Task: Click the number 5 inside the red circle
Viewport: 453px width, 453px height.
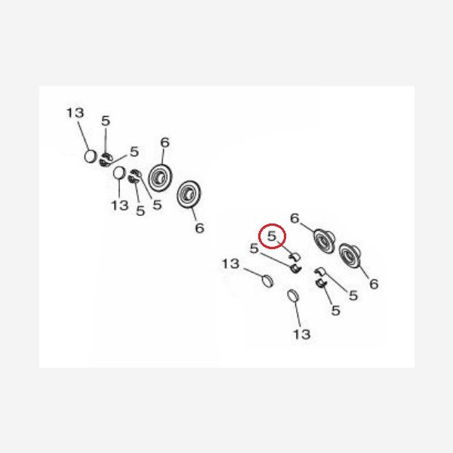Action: (272, 236)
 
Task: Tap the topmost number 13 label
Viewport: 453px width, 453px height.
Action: (75, 113)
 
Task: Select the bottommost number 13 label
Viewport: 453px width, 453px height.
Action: (301, 334)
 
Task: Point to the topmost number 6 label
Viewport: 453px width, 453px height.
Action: (165, 143)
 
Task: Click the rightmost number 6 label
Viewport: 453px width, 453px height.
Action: (374, 284)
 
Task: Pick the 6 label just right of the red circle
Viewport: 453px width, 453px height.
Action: (294, 218)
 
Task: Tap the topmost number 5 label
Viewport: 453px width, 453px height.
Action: (106, 121)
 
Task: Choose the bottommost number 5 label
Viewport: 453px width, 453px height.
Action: (335, 310)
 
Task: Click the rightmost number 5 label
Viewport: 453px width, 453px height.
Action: (353, 295)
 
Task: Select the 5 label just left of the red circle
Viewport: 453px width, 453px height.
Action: (254, 248)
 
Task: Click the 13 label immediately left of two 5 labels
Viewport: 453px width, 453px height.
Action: (119, 205)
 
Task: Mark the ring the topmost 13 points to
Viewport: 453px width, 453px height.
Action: (90, 156)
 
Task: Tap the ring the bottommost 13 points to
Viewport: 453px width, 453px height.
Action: (293, 296)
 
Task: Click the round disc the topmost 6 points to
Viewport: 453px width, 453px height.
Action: (160, 177)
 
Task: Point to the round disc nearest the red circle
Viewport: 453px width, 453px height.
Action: (324, 241)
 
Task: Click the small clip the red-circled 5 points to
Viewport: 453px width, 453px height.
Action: (295, 256)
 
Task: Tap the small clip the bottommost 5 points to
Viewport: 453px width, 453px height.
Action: (321, 283)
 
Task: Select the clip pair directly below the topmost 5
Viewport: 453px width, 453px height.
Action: (106, 160)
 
